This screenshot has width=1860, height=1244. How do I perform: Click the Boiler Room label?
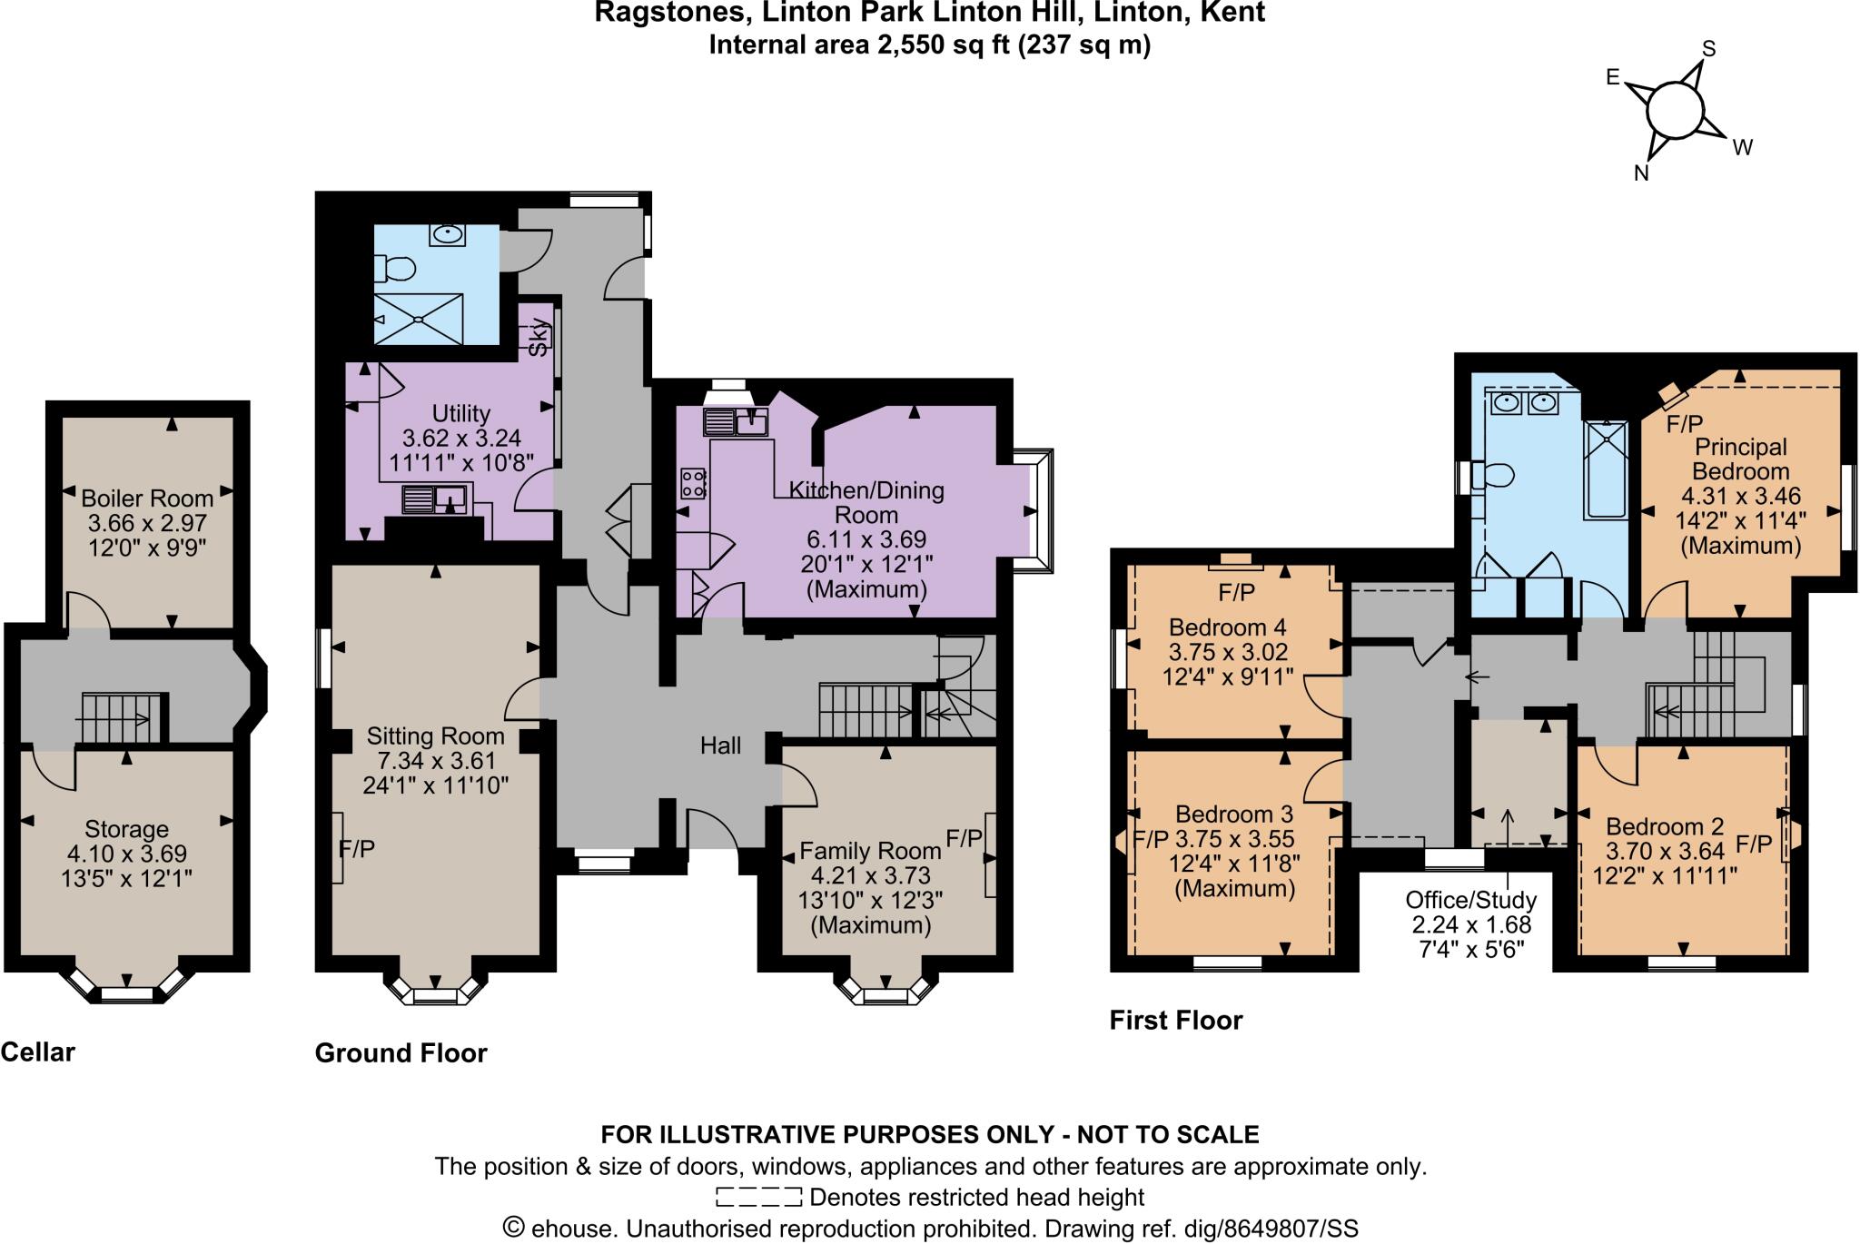pos(147,498)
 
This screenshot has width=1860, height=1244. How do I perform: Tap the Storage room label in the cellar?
pos(126,828)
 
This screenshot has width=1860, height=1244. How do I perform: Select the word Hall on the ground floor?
pos(720,745)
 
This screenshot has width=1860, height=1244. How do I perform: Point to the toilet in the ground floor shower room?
pos(399,269)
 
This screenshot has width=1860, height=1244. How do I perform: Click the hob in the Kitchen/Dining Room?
pos(693,482)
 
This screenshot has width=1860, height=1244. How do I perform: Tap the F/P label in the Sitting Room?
pos(356,848)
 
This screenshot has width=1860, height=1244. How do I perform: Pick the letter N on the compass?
pos(1641,174)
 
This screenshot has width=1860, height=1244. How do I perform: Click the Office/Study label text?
pos(1470,900)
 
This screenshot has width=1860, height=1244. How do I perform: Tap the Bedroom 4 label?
pos(1227,627)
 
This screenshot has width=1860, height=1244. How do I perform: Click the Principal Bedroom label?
pos(1740,459)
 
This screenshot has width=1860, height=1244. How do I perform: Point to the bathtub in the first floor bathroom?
pos(1606,470)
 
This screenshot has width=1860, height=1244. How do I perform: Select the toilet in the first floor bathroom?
pos(1494,475)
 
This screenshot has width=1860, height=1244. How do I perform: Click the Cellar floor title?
pos(38,1051)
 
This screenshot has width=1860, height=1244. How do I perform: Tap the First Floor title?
pos(1175,1020)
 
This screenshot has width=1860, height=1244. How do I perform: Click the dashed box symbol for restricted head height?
pos(757,1197)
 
